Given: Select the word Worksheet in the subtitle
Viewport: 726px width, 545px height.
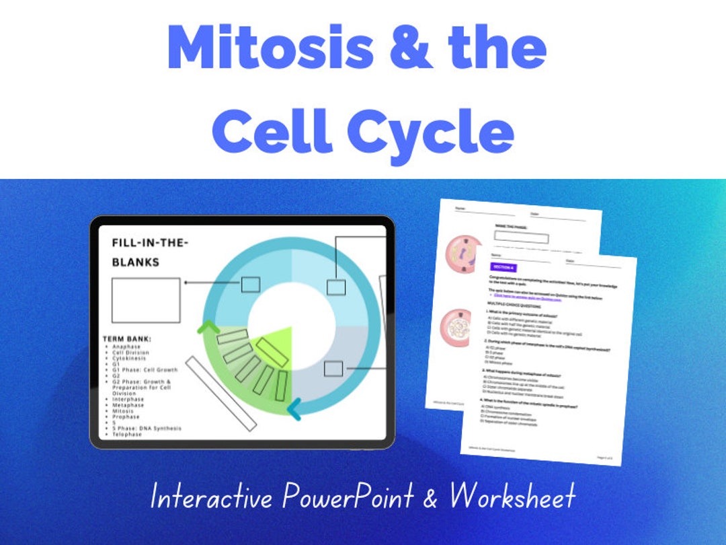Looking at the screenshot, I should [513, 497].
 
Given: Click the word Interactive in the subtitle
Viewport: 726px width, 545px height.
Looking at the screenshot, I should [212, 497].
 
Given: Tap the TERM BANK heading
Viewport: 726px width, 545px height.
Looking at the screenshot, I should [127, 339].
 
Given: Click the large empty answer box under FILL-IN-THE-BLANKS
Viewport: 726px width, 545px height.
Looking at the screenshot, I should [146, 300].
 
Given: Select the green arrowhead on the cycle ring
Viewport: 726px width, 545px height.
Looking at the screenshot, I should [208, 328].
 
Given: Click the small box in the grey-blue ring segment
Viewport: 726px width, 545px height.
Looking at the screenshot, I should [333, 369].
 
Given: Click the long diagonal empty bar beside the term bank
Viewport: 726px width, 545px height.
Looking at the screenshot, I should [221, 394].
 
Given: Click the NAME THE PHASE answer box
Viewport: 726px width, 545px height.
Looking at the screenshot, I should [521, 238].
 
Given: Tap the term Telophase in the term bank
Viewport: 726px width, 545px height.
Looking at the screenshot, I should [127, 435].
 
